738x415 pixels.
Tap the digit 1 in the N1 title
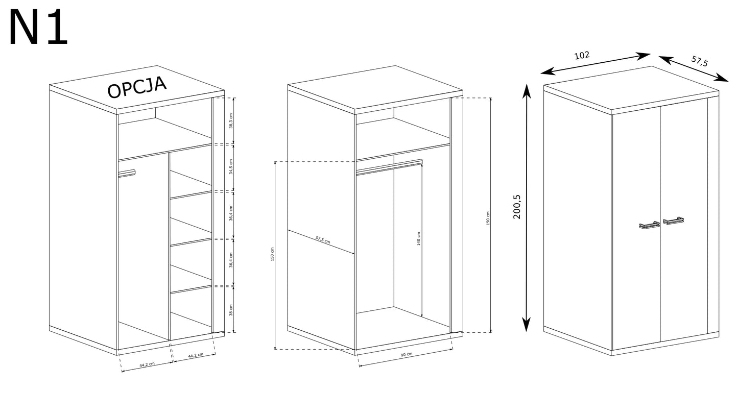pyautogui.click(x=57, y=28)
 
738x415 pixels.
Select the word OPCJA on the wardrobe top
pyautogui.click(x=137, y=87)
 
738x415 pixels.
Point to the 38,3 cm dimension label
pyautogui.click(x=231, y=120)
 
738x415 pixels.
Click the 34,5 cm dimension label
pyautogui.click(x=231, y=166)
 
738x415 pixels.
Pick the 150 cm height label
pyautogui.click(x=272, y=254)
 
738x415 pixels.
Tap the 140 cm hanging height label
pyautogui.click(x=419, y=239)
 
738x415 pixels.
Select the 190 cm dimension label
pyautogui.click(x=488, y=218)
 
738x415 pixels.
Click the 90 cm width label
pyautogui.click(x=407, y=354)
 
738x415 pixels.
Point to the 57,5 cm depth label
pyautogui.click(x=323, y=239)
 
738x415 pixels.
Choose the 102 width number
pyautogui.click(x=582, y=55)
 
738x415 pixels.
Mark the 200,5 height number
pyautogui.click(x=517, y=207)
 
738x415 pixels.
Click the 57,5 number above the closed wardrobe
pyautogui.click(x=699, y=61)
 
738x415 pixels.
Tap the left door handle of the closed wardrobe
pyautogui.click(x=649, y=225)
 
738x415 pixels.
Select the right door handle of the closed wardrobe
pyautogui.click(x=674, y=221)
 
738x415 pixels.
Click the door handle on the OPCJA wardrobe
pyautogui.click(x=127, y=173)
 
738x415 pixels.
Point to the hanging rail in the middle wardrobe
pyautogui.click(x=389, y=166)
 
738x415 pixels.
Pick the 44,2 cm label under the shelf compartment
pyautogui.click(x=196, y=355)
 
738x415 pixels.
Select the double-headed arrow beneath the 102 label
pyautogui.click(x=596, y=63)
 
